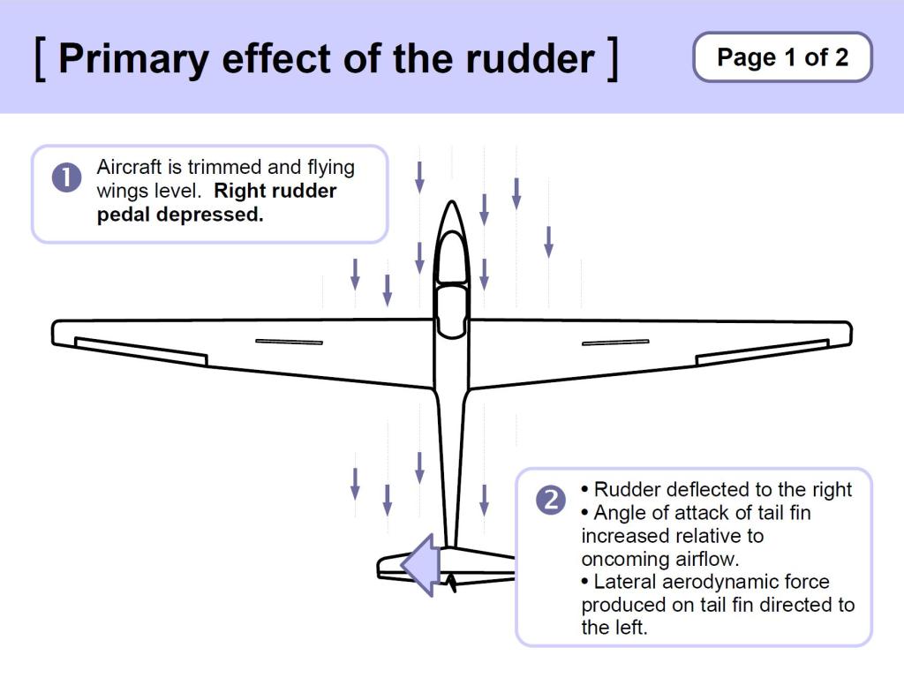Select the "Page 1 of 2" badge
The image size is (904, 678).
tap(782, 57)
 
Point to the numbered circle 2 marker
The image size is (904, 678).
tap(551, 501)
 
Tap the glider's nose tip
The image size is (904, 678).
tap(451, 204)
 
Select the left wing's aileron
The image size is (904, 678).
tap(141, 351)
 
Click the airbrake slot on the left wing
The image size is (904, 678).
tap(289, 342)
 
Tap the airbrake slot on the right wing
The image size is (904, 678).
tap(615, 342)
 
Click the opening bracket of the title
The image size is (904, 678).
tap(40, 58)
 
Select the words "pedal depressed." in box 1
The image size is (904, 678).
tap(180, 215)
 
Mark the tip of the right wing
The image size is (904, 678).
tap(848, 332)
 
